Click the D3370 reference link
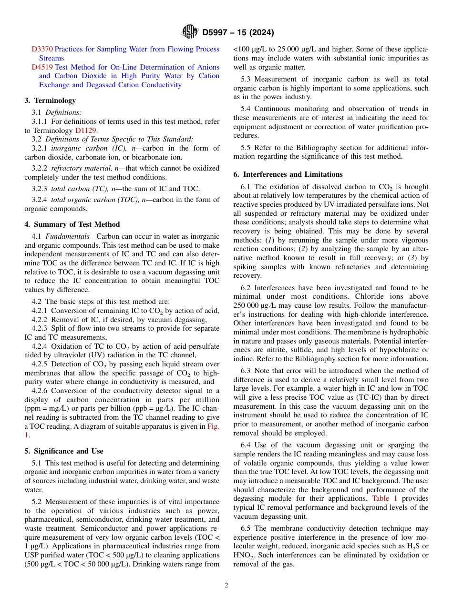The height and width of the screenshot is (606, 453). [x=42, y=49]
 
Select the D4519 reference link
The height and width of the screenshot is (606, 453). [x=42, y=67]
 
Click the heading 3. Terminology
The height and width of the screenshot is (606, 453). [x=50, y=101]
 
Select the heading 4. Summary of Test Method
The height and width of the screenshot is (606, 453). [x=72, y=224]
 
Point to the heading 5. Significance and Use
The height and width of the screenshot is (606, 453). [x=63, y=451]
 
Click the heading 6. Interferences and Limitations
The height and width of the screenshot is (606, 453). [x=288, y=174]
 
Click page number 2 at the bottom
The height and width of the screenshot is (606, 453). [x=226, y=586]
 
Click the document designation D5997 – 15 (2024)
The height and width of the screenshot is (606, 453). [x=237, y=32]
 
